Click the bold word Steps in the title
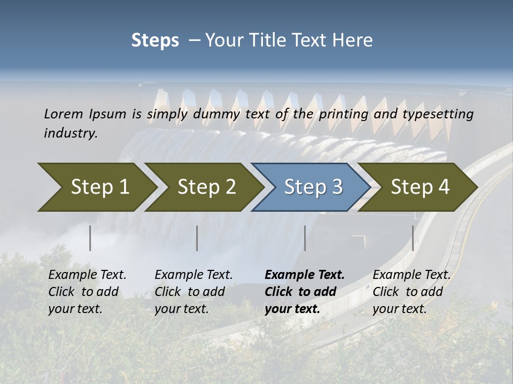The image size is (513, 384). coord(155,41)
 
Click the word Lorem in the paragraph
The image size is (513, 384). coord(64,114)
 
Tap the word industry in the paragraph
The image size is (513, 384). coord(70,133)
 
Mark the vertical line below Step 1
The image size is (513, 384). coord(90,238)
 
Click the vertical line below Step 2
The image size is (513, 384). coord(197,238)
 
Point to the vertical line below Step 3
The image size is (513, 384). coord(305,238)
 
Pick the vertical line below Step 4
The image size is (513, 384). coord(413,238)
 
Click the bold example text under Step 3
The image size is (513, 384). coord(305,292)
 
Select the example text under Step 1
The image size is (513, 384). coord(87,292)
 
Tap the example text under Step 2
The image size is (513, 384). coord(193,292)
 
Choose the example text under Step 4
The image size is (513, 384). coord(411,292)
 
